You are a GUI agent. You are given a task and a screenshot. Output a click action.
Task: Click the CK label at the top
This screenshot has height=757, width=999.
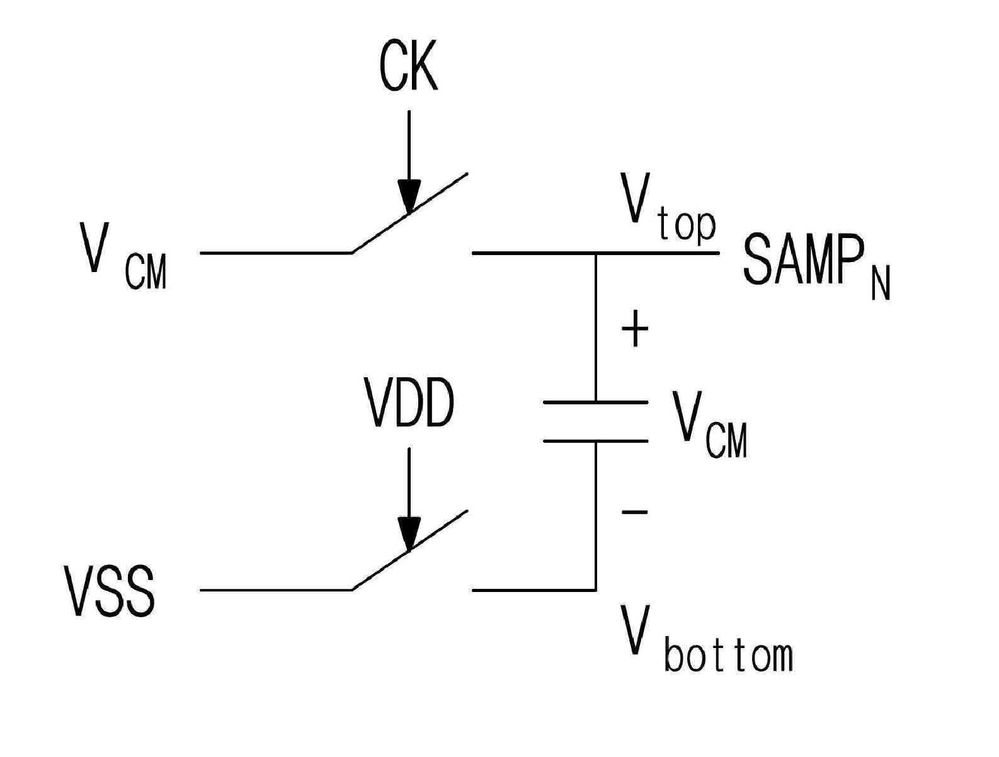pos(408,66)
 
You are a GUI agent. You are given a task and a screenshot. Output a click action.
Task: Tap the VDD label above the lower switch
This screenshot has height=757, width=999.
pos(409,403)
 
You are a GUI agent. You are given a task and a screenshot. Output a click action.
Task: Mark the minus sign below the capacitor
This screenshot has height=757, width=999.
pos(634,512)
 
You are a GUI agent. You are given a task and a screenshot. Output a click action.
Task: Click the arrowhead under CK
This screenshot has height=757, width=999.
pos(409,196)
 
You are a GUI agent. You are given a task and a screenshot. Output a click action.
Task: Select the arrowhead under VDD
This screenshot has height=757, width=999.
pos(409,535)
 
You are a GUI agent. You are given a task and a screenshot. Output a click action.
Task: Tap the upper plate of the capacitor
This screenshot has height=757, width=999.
pos(596,402)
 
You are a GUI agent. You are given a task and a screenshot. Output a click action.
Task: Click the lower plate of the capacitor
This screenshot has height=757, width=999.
pos(596,441)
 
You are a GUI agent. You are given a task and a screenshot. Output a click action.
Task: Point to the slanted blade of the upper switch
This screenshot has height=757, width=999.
pos(409,213)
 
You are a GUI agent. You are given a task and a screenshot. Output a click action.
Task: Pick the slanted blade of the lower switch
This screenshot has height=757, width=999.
pos(409,550)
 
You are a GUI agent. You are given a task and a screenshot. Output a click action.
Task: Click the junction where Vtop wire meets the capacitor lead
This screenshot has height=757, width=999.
pos(597,253)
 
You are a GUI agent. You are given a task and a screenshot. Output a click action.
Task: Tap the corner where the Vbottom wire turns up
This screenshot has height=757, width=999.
pos(597,590)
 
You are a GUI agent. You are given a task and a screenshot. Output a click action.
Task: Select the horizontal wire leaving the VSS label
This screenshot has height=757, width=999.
pos(277,590)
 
